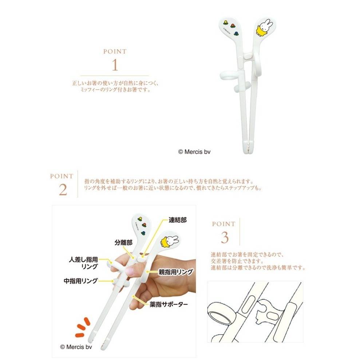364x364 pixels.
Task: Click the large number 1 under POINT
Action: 115,65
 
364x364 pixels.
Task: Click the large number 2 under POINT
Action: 63,189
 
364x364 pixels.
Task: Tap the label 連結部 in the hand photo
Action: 178,221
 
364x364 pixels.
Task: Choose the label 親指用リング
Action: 175,272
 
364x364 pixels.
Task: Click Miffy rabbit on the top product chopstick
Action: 263,29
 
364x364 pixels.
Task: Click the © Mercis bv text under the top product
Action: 194,151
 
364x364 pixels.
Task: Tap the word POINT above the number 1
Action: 115,52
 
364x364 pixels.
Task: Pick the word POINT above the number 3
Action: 223,224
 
